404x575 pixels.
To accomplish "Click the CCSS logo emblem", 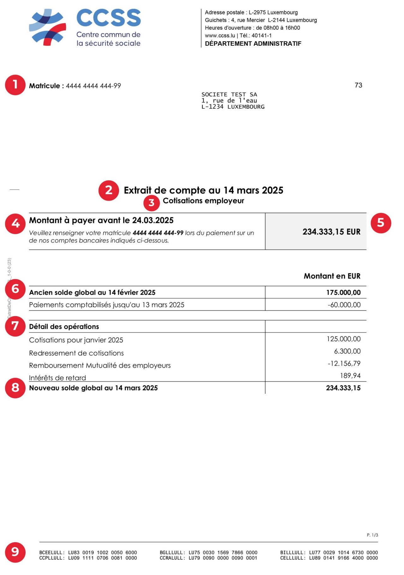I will [48, 27].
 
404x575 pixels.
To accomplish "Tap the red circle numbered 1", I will [15, 85].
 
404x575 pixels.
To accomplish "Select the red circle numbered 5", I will [381, 223].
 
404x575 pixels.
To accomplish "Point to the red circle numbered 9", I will [15, 552].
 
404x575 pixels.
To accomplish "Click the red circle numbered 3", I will [151, 203].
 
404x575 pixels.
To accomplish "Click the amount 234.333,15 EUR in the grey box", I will [331, 232].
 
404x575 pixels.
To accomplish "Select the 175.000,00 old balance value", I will [343, 293].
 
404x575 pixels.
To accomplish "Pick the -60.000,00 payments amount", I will [344, 305].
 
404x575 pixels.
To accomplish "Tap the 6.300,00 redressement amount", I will [347, 351].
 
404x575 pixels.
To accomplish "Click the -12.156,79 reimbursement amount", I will [344, 363].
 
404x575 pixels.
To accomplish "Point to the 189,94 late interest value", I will [350, 375].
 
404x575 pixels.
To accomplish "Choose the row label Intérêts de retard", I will [57, 378].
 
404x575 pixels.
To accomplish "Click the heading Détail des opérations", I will [64, 327].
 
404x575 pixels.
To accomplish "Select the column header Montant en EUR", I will [332, 276].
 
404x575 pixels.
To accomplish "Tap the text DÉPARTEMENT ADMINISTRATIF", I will [253, 44].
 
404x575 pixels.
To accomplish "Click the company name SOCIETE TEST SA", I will [229, 94].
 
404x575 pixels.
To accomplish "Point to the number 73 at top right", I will [358, 85].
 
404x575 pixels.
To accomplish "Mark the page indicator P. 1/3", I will [372, 535].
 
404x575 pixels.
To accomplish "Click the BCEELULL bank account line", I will [88, 552].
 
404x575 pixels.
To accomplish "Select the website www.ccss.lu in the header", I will [220, 36].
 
